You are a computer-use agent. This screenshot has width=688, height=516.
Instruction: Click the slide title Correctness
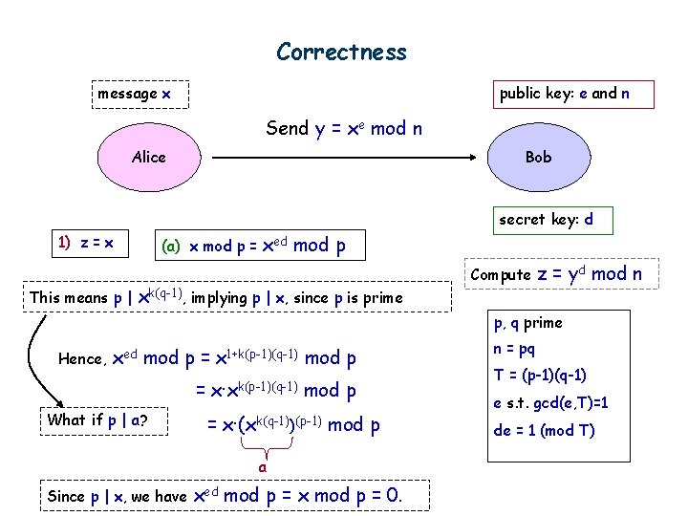pyautogui.click(x=341, y=52)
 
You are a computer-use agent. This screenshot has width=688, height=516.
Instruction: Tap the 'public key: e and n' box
pyautogui.click(x=563, y=94)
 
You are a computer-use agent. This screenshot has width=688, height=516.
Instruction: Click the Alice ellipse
pyautogui.click(x=149, y=157)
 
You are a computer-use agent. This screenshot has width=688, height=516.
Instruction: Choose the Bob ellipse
pyautogui.click(x=538, y=157)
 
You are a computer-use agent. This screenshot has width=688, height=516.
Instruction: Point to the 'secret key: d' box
pyautogui.click(x=546, y=220)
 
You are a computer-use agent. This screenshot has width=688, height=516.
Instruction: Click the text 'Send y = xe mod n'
pyautogui.click(x=344, y=128)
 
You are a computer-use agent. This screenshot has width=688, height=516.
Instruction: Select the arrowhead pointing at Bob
pyautogui.click(x=470, y=157)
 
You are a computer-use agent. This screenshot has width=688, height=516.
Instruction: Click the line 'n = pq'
pyautogui.click(x=514, y=349)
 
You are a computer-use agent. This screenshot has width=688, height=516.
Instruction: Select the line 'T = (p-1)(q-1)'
pyautogui.click(x=540, y=375)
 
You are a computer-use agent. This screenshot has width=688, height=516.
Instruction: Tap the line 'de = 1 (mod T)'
pyautogui.click(x=544, y=430)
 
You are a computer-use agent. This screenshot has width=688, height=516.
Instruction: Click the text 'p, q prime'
pyautogui.click(x=527, y=323)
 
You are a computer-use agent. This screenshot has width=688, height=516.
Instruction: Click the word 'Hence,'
pyautogui.click(x=82, y=359)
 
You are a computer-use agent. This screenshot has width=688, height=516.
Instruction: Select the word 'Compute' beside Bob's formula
pyautogui.click(x=502, y=275)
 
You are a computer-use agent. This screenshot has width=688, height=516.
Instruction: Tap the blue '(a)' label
pyautogui.click(x=171, y=246)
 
